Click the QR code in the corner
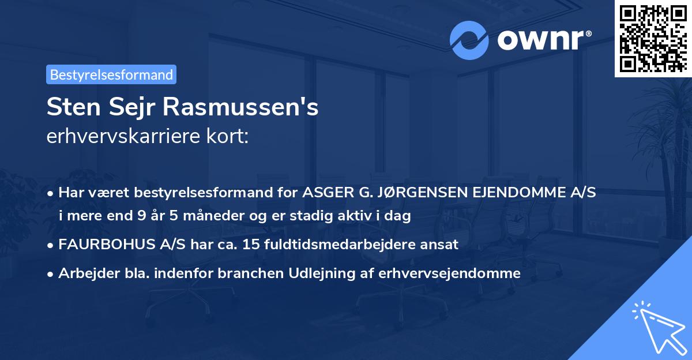tap(653, 38)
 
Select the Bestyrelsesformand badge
tap(111, 74)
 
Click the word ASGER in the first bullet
tap(325, 193)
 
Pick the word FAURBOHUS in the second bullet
tap(100, 245)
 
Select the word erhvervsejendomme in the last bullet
tap(449, 273)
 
